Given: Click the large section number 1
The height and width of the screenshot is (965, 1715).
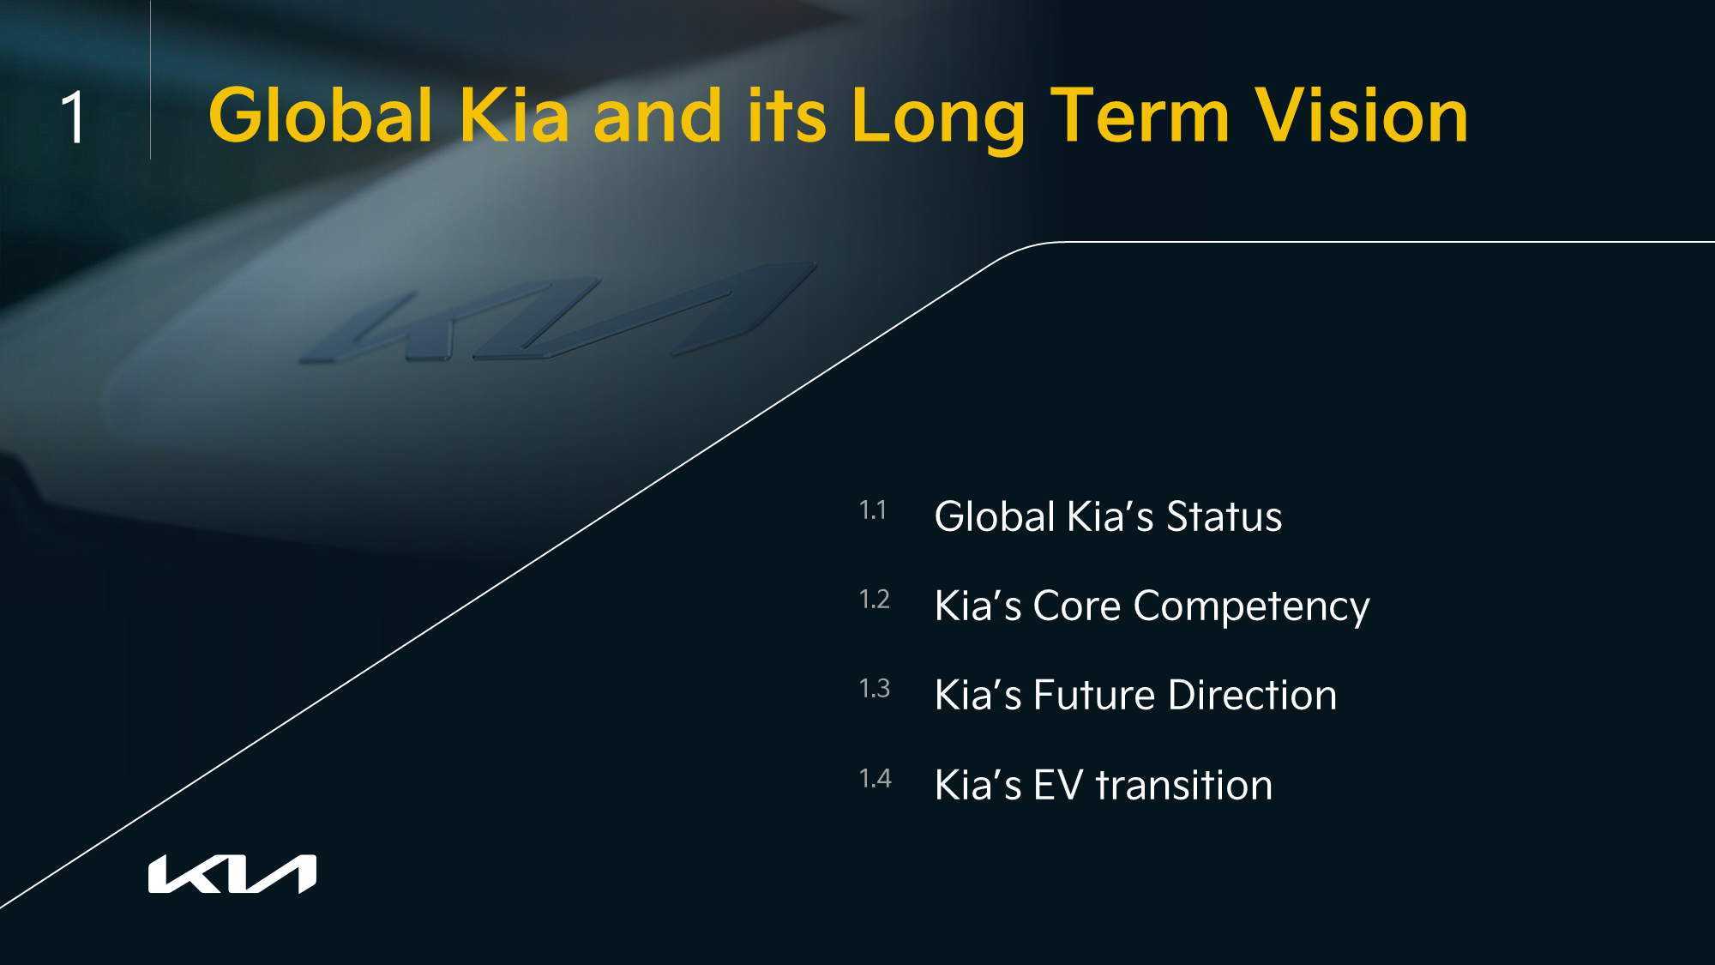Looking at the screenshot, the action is pos(75,117).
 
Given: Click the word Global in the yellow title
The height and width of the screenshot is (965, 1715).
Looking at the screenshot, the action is pos(321,115).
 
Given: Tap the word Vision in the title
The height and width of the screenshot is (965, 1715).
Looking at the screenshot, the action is pos(1362,115).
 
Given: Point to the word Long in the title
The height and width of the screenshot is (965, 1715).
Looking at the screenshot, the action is pos(938,120).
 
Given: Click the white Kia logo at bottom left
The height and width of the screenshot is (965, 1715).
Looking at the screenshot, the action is pos(232,874).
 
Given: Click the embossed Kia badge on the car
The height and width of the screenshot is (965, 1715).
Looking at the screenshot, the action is pos(557,313).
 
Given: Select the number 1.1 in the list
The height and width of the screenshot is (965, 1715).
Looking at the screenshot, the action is pos(873,510).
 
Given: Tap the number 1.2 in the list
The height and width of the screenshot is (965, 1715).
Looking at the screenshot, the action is pos(875,599).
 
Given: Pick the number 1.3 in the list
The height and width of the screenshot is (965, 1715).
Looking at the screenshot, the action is pos(875,688).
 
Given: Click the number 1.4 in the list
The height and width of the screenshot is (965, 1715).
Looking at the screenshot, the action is pos(876,778).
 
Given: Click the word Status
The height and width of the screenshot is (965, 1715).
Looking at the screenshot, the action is pos(1224,516).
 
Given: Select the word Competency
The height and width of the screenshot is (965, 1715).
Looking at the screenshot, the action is pos(1251,607).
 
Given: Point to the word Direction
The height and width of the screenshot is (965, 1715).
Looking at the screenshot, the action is pos(1252,695).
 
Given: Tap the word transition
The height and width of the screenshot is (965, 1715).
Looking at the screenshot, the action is pos(1184,785).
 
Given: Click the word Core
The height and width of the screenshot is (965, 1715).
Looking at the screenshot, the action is pos(1077,606).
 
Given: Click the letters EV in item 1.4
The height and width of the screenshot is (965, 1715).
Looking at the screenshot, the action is pos(1059,785).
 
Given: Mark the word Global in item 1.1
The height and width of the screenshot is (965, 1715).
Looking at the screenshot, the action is pos(995,516).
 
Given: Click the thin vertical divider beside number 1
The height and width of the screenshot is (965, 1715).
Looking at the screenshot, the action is pos(151,80).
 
